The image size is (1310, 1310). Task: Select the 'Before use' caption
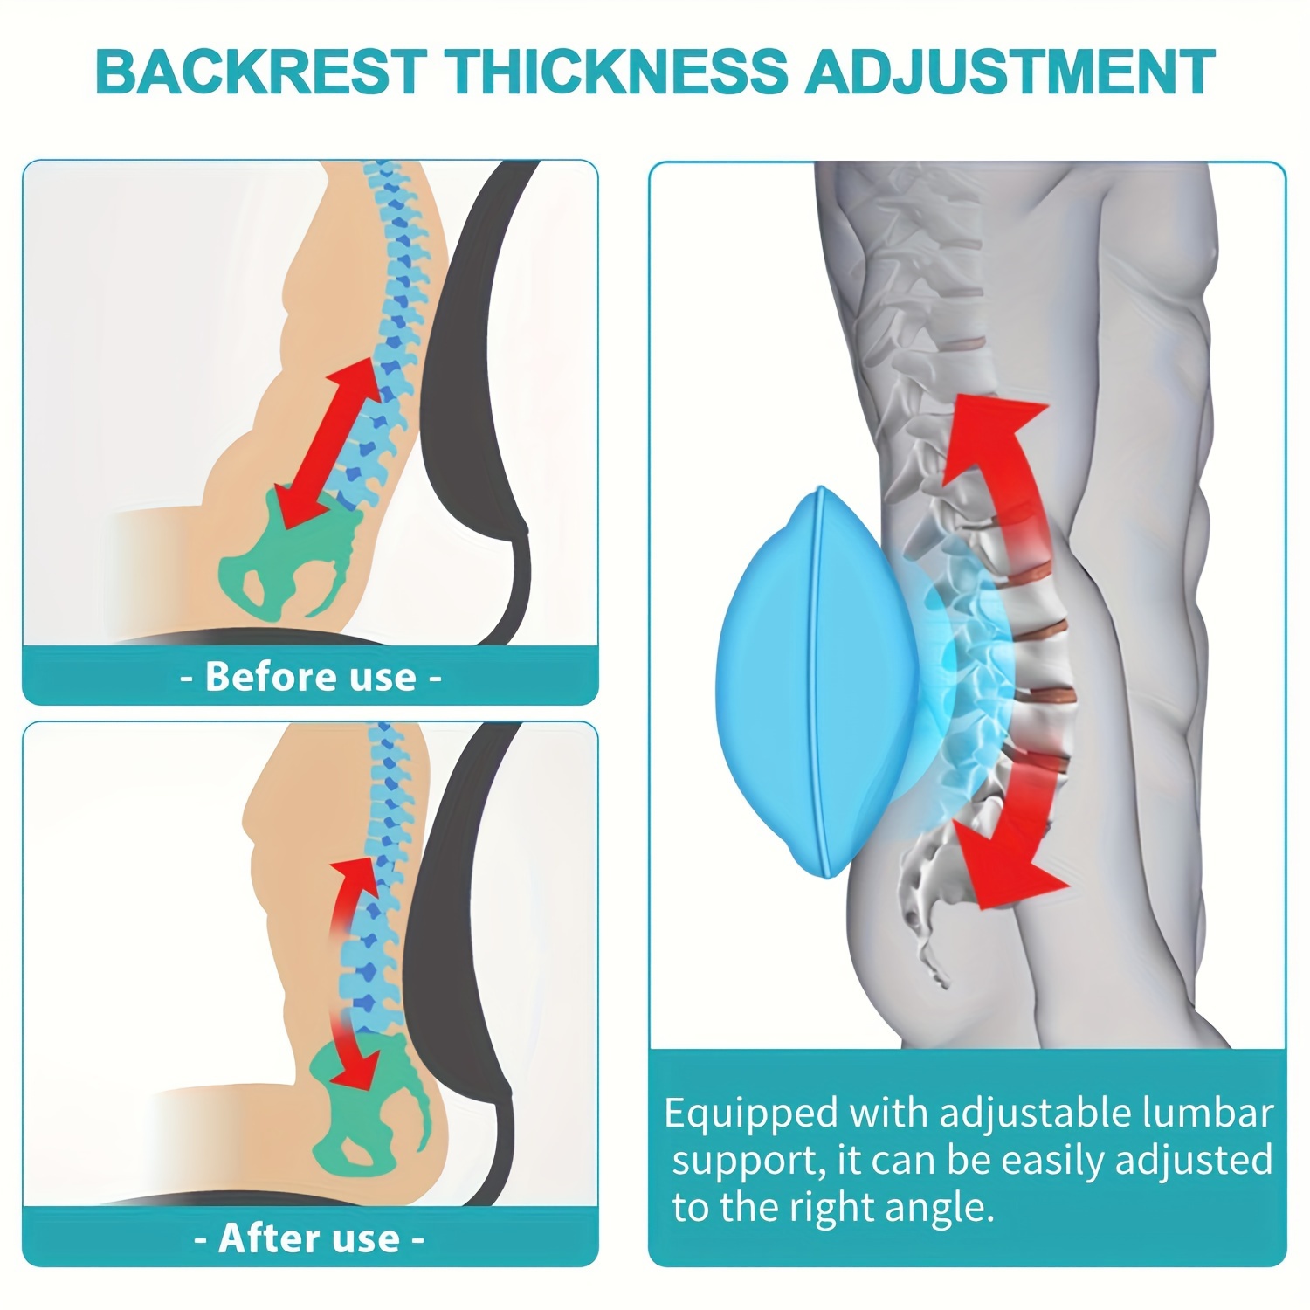tap(311, 677)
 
